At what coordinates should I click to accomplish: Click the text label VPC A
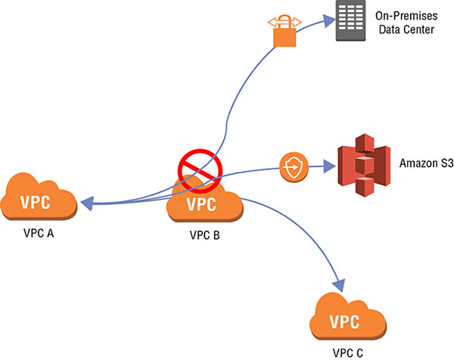(x=41, y=235)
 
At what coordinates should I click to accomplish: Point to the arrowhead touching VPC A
(x=87, y=203)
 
